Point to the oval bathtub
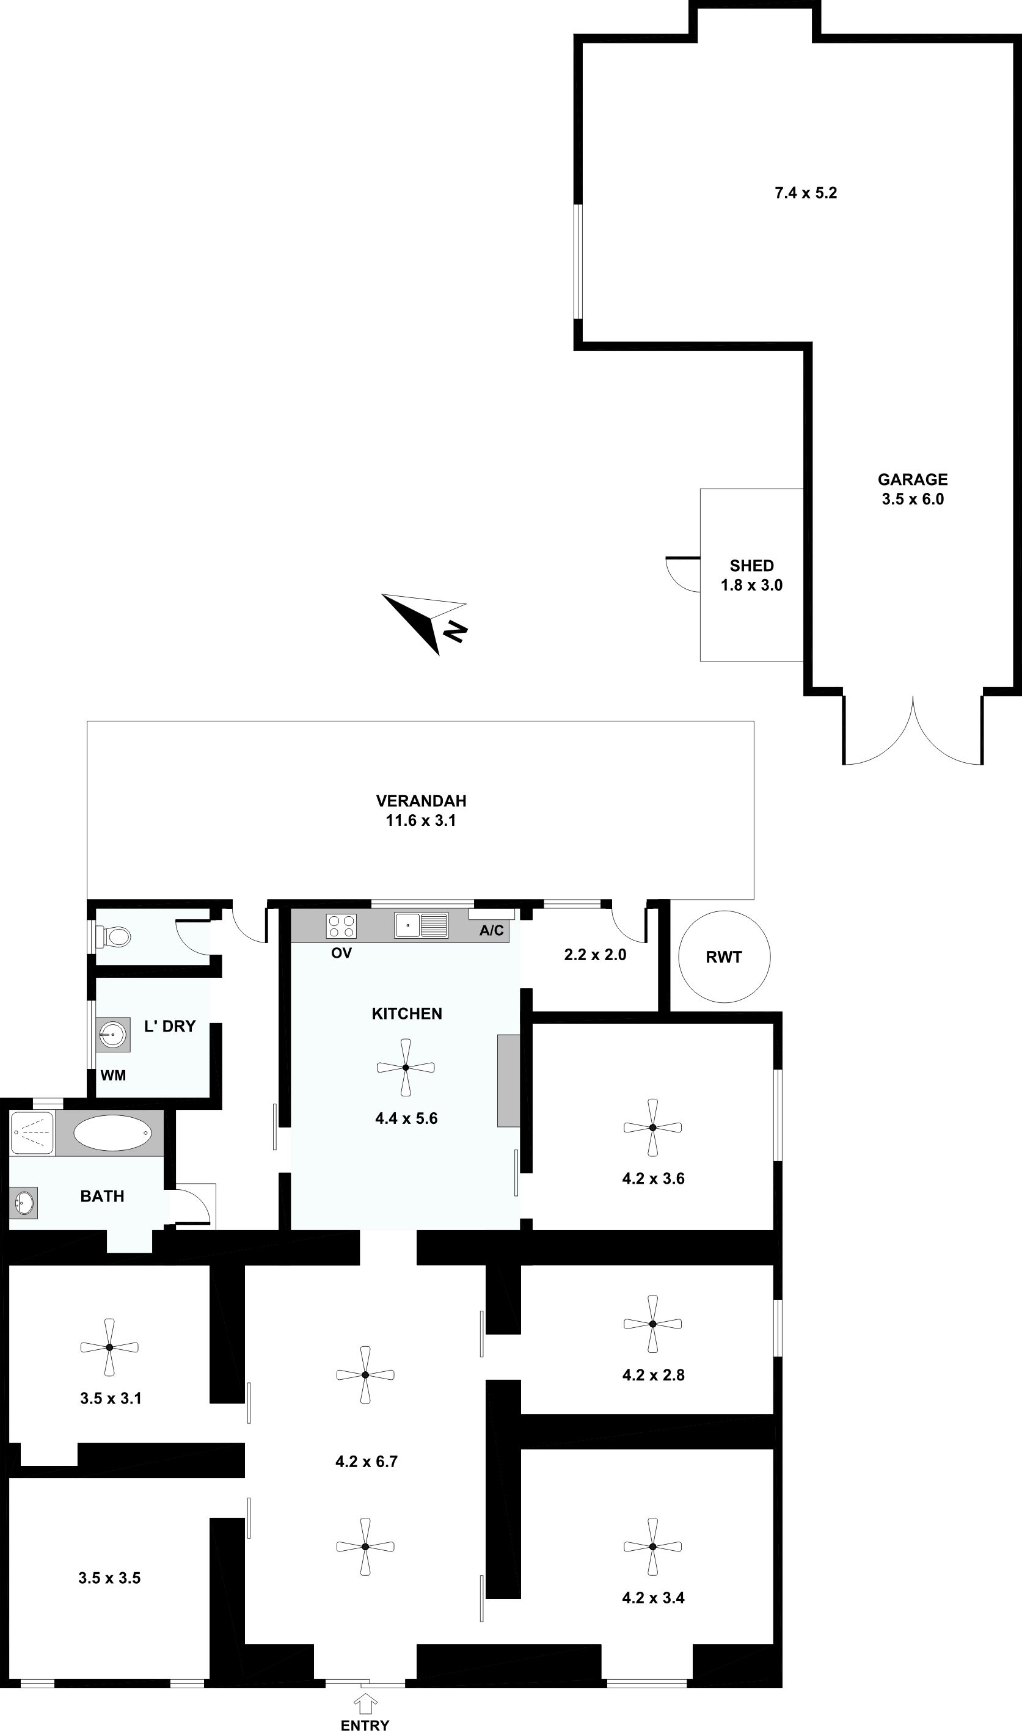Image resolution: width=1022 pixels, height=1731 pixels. (x=112, y=1132)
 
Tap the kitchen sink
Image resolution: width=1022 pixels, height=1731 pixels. (x=421, y=925)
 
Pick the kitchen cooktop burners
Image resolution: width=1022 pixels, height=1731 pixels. (x=341, y=925)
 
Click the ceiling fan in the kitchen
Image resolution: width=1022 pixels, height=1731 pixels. (x=406, y=1067)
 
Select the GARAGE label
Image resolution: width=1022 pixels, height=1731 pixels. (x=913, y=479)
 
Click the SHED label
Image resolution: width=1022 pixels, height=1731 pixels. (x=751, y=566)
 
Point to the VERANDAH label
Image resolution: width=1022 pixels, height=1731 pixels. (x=421, y=801)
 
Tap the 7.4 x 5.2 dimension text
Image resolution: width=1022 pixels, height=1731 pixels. (x=806, y=193)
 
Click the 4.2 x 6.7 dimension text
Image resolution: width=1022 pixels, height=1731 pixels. (x=367, y=1461)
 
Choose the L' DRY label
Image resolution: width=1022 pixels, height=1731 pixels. (x=169, y=1026)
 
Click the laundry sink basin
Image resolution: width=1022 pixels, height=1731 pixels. (x=112, y=1033)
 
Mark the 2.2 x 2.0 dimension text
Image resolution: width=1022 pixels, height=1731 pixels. (x=595, y=954)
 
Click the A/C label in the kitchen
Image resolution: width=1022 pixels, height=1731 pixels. (x=491, y=931)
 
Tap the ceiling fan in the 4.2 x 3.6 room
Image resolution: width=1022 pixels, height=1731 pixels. (x=652, y=1127)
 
